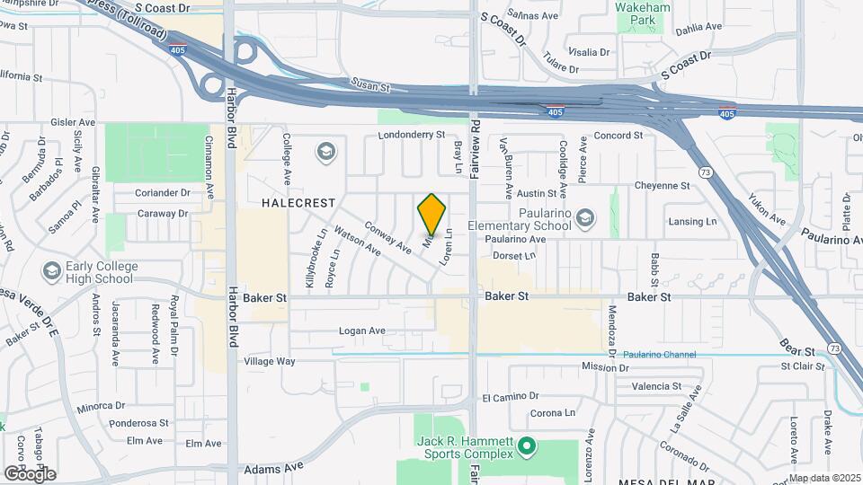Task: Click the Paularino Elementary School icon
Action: [585, 217]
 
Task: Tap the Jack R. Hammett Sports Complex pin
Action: [529, 445]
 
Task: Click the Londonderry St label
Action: [412, 135]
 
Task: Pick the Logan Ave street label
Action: [362, 331]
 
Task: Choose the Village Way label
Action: [270, 361]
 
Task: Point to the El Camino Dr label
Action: [510, 396]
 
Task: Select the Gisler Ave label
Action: [74, 122]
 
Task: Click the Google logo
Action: [30, 473]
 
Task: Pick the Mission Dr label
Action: [604, 366]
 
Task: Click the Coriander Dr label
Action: [163, 192]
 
